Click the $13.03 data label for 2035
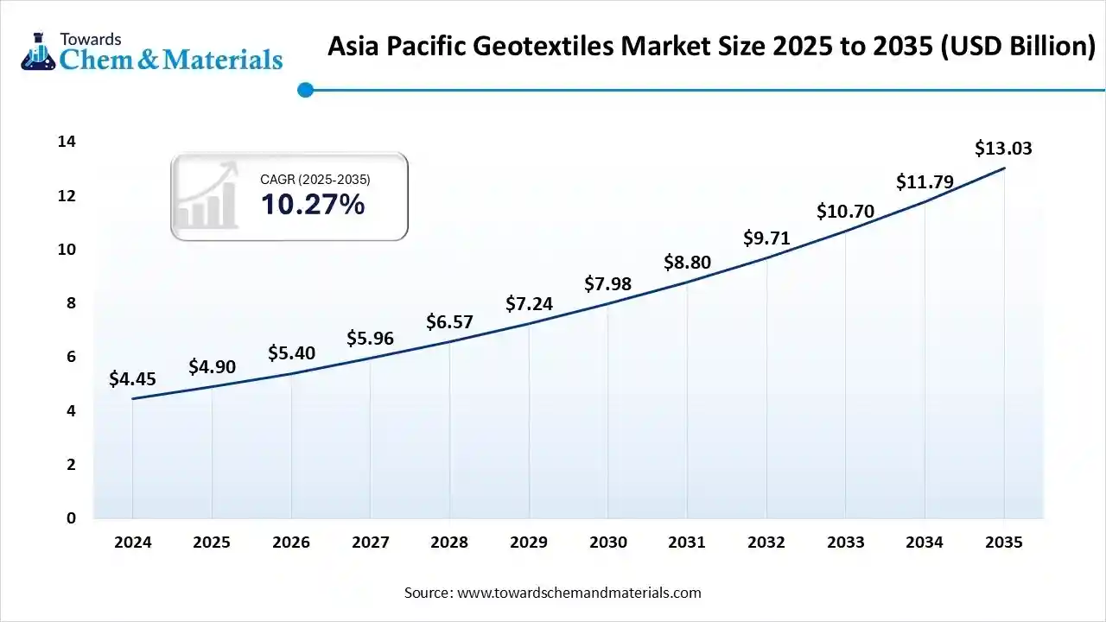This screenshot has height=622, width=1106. pos(1003,149)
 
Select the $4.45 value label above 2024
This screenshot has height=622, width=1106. pos(132,378)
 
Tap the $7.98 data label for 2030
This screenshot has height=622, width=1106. pos(608,283)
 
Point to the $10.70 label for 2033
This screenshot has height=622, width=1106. pos(845,212)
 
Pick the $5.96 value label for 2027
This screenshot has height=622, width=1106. pos(370,339)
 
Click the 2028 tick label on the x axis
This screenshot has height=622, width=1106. pos(449,543)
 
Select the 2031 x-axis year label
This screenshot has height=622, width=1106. pos(687,543)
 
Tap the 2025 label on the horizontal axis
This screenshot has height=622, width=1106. pos(212,543)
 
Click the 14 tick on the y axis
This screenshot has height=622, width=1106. pos(67,142)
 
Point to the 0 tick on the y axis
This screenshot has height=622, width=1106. pos(72,518)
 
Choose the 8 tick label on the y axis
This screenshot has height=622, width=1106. pos(72,303)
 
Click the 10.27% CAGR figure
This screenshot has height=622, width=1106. pos(312,205)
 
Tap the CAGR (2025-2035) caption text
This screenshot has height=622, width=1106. pos(315,180)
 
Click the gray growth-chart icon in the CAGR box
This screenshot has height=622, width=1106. pos(207,196)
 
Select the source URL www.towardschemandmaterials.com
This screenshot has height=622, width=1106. pos(578,593)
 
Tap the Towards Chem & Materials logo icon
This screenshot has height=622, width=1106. pos(37,52)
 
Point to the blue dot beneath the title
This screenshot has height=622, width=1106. pos(304,89)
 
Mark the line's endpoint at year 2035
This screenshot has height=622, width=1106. pos(1003,168)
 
